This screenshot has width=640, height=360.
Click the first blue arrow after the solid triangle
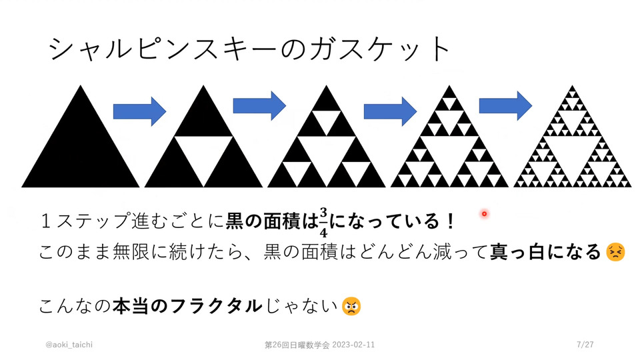coord(139,111)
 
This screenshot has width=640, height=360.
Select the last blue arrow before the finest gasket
coord(505,106)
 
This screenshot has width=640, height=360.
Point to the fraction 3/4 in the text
coord(323,223)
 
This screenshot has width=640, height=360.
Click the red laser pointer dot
coord(484,213)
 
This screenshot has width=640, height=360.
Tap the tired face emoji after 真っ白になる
coord(615,252)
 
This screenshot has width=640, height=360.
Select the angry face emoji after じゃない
coord(351,306)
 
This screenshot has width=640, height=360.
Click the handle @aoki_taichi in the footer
coord(69,345)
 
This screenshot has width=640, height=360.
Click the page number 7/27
coord(585,345)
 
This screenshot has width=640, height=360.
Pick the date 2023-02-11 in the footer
coord(353,345)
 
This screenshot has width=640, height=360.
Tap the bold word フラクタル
coord(216,306)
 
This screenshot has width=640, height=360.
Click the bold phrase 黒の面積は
coord(272,221)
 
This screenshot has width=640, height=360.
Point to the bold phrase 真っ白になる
coord(545,252)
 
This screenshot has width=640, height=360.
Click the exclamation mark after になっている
coord(450,221)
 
